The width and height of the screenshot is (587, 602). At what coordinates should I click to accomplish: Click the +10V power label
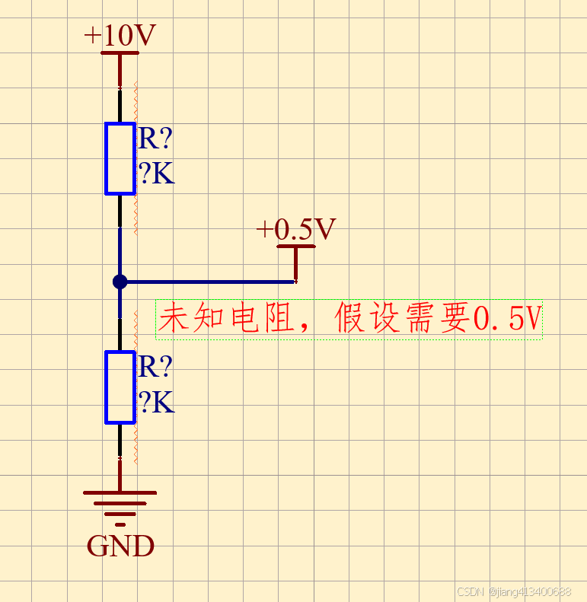pyautogui.click(x=120, y=36)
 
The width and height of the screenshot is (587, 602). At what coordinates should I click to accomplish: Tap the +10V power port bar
pyautogui.click(x=120, y=53)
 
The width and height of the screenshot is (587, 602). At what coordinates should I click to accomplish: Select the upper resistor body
pyautogui.click(x=120, y=158)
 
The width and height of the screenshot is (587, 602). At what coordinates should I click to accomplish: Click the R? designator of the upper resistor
pyautogui.click(x=155, y=139)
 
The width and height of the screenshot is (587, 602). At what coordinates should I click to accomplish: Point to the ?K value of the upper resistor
pyautogui.click(x=156, y=175)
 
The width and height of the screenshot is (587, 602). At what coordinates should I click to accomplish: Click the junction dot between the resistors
pyautogui.click(x=120, y=282)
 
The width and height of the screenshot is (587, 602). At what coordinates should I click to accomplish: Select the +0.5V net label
pyautogui.click(x=296, y=229)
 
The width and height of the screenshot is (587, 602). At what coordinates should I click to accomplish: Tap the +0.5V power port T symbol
pyautogui.click(x=295, y=255)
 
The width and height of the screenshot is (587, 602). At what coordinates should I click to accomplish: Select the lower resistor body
pyautogui.click(x=120, y=387)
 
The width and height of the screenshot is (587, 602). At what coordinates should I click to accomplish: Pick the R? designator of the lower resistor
pyautogui.click(x=155, y=368)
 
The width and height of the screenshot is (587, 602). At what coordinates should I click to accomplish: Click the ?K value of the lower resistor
pyautogui.click(x=156, y=403)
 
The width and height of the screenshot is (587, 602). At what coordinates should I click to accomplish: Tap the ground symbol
pyautogui.click(x=120, y=503)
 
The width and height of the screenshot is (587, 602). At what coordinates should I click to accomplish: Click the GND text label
pyautogui.click(x=120, y=546)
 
